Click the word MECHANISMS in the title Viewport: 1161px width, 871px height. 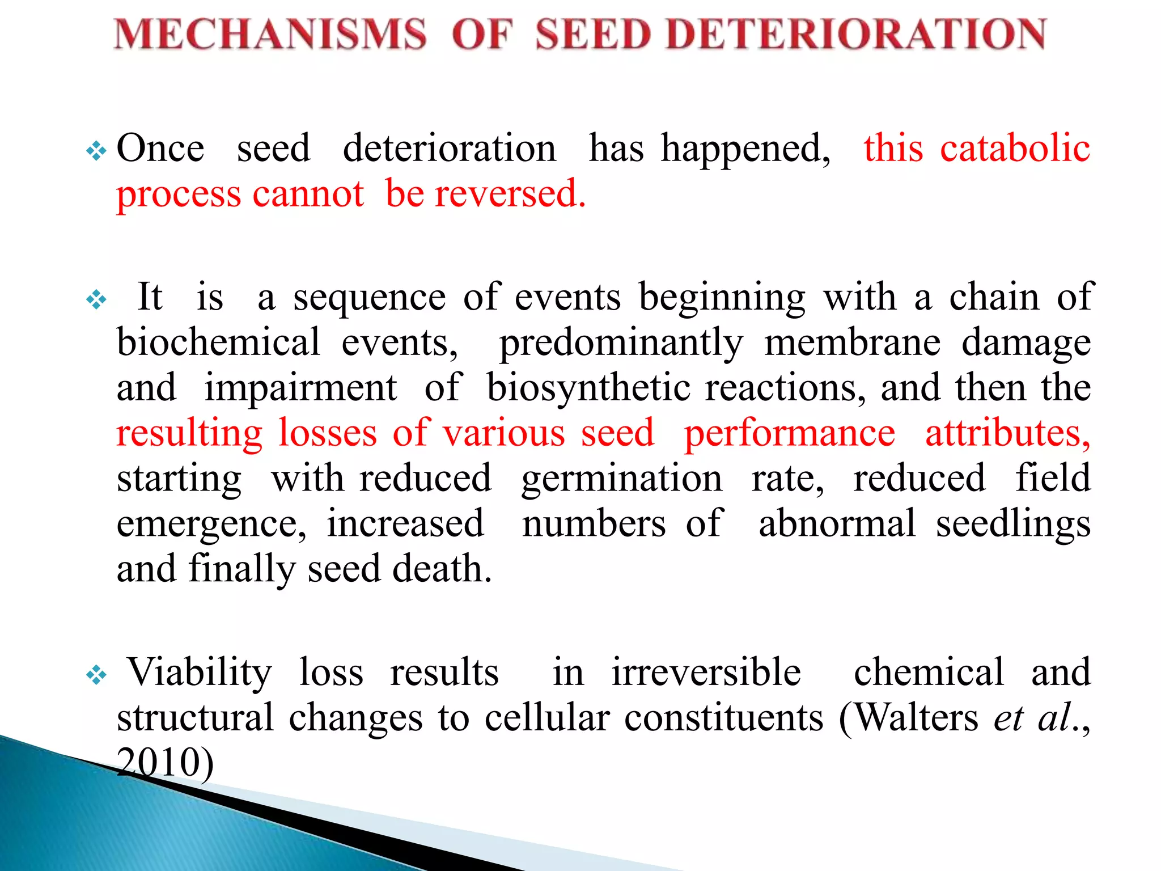click(x=270, y=34)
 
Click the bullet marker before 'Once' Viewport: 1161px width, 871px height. click(x=96, y=151)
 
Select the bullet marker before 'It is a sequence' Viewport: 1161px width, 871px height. click(x=96, y=300)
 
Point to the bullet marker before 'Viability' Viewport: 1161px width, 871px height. click(x=96, y=675)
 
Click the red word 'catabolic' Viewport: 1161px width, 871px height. click(x=1015, y=149)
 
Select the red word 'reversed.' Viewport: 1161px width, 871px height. click(x=510, y=195)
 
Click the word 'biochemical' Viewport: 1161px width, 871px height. click(x=218, y=343)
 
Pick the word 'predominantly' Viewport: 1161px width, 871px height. click(x=621, y=344)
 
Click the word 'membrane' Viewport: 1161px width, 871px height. click(x=852, y=343)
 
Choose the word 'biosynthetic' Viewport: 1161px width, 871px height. click(x=588, y=389)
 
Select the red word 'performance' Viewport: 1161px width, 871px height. click(x=790, y=434)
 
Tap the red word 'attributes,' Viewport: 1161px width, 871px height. click(x=1008, y=433)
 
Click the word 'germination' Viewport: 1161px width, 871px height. click(x=622, y=480)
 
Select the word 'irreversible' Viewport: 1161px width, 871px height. click(x=706, y=673)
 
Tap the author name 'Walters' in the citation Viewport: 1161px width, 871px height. click(x=916, y=718)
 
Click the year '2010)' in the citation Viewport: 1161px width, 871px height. click(x=165, y=763)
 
